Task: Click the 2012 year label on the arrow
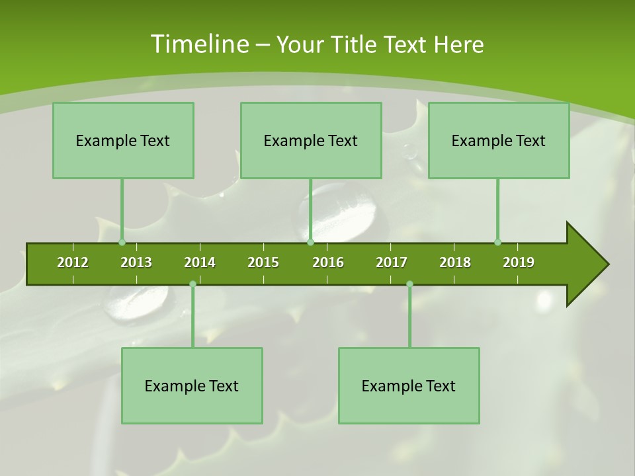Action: [73, 262]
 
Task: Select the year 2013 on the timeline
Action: [136, 262]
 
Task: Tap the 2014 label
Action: [200, 262]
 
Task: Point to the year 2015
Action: [263, 262]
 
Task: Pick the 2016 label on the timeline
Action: [328, 262]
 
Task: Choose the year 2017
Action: [392, 262]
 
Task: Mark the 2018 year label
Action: [455, 262]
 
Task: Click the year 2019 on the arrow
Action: [519, 262]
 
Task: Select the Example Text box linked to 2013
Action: [123, 140]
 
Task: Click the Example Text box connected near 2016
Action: [311, 140]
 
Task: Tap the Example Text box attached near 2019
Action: [499, 140]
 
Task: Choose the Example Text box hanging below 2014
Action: [192, 385]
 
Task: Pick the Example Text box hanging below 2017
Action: [409, 385]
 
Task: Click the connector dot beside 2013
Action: [122, 242]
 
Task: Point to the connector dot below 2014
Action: [192, 284]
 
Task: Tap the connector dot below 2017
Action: [409, 284]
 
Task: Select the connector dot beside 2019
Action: [497, 242]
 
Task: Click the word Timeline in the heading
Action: [198, 44]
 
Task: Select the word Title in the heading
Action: [356, 44]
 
